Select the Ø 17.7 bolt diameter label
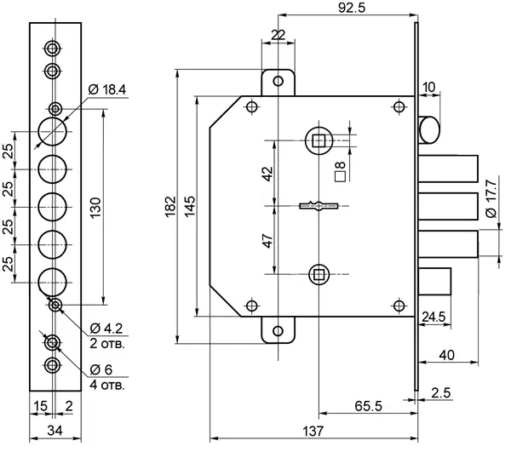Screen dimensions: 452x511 pyautogui.click(x=490, y=202)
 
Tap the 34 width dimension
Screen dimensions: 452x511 pyautogui.click(x=53, y=432)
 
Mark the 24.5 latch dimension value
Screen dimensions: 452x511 pyautogui.click(x=433, y=317)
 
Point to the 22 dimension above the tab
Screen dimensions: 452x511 pyautogui.click(x=277, y=34)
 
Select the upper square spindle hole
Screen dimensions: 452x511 pyautogui.click(x=319, y=139)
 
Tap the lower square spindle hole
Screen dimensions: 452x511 pyautogui.click(x=319, y=273)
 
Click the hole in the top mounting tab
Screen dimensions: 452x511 pyautogui.click(x=277, y=81)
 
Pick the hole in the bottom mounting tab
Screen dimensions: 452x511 pyautogui.click(x=277, y=331)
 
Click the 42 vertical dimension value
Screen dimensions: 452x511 pyautogui.click(x=267, y=172)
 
